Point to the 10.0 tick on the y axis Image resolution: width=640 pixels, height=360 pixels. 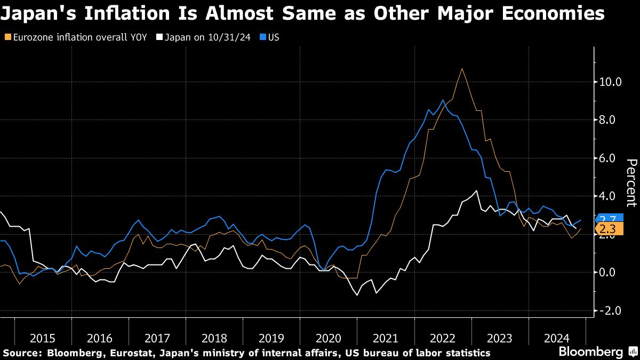click(611, 82)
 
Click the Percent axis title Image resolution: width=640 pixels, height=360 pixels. click(631, 182)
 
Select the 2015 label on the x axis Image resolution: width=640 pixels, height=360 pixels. click(43, 338)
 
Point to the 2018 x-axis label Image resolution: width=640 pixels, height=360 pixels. click(214, 338)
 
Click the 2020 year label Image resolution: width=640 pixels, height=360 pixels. click(328, 338)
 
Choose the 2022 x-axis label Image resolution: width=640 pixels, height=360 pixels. click(443, 338)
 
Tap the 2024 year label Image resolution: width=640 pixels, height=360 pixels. click(557, 338)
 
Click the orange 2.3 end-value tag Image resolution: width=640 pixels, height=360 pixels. click(607, 229)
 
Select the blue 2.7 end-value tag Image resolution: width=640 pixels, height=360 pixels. click(607, 219)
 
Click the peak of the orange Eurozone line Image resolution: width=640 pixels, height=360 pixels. click(462, 69)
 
